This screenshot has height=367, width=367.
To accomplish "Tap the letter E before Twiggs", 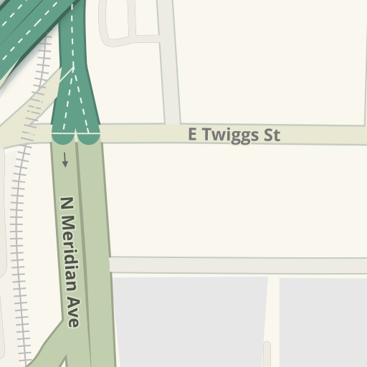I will click(192, 135).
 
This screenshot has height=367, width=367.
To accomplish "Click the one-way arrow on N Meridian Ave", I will click(65, 159).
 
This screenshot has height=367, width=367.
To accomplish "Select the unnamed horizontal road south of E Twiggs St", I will click(237, 265).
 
